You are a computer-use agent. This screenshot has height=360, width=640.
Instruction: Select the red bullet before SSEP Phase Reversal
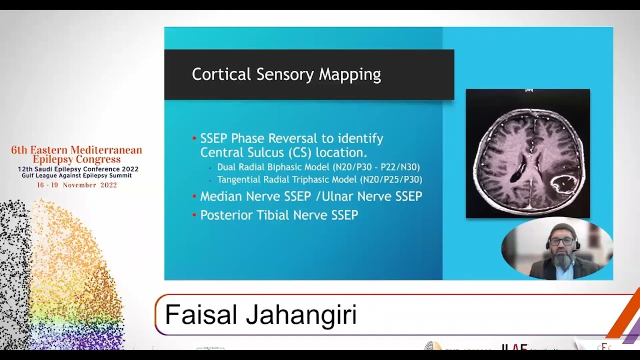coord(194,138)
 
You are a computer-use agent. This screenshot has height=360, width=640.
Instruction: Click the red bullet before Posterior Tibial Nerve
coord(194,215)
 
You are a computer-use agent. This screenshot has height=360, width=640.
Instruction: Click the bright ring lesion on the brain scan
coord(565,184)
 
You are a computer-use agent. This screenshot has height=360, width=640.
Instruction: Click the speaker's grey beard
coord(562,260)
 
